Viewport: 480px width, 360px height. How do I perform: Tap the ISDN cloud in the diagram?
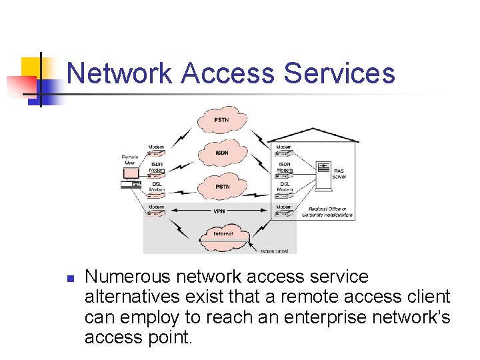222,153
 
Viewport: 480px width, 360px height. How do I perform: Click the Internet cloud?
222,235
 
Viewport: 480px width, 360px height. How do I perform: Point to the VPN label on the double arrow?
219,211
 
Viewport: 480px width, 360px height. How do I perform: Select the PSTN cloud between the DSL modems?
222,187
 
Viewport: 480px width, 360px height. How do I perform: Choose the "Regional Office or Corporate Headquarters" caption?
328,213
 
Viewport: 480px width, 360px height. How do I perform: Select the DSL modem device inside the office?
284,195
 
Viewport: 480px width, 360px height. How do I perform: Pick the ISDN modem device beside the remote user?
157,175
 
